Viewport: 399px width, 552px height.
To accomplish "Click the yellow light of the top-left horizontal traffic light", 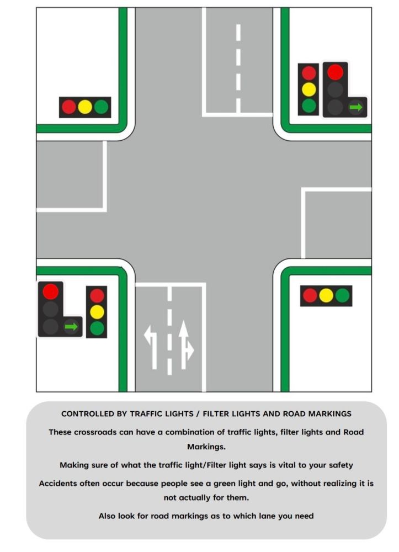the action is (x=85, y=107).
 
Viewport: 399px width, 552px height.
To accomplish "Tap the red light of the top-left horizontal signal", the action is (x=69, y=107).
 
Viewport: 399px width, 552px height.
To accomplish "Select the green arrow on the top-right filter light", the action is (x=356, y=107).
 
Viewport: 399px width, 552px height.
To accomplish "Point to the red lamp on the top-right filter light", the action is (x=335, y=72).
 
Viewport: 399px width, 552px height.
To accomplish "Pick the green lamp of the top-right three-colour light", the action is (x=308, y=105).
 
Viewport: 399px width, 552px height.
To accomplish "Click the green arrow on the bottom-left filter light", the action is (x=71, y=327).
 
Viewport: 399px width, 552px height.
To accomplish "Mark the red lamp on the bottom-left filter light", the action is (x=50, y=291).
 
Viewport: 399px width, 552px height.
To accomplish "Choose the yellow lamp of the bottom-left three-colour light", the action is (x=97, y=312).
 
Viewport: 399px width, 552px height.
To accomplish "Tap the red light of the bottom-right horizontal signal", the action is (x=310, y=296).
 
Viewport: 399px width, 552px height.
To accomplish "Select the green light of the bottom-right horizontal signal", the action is (x=342, y=296).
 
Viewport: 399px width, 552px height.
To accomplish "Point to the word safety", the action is (x=341, y=465).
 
